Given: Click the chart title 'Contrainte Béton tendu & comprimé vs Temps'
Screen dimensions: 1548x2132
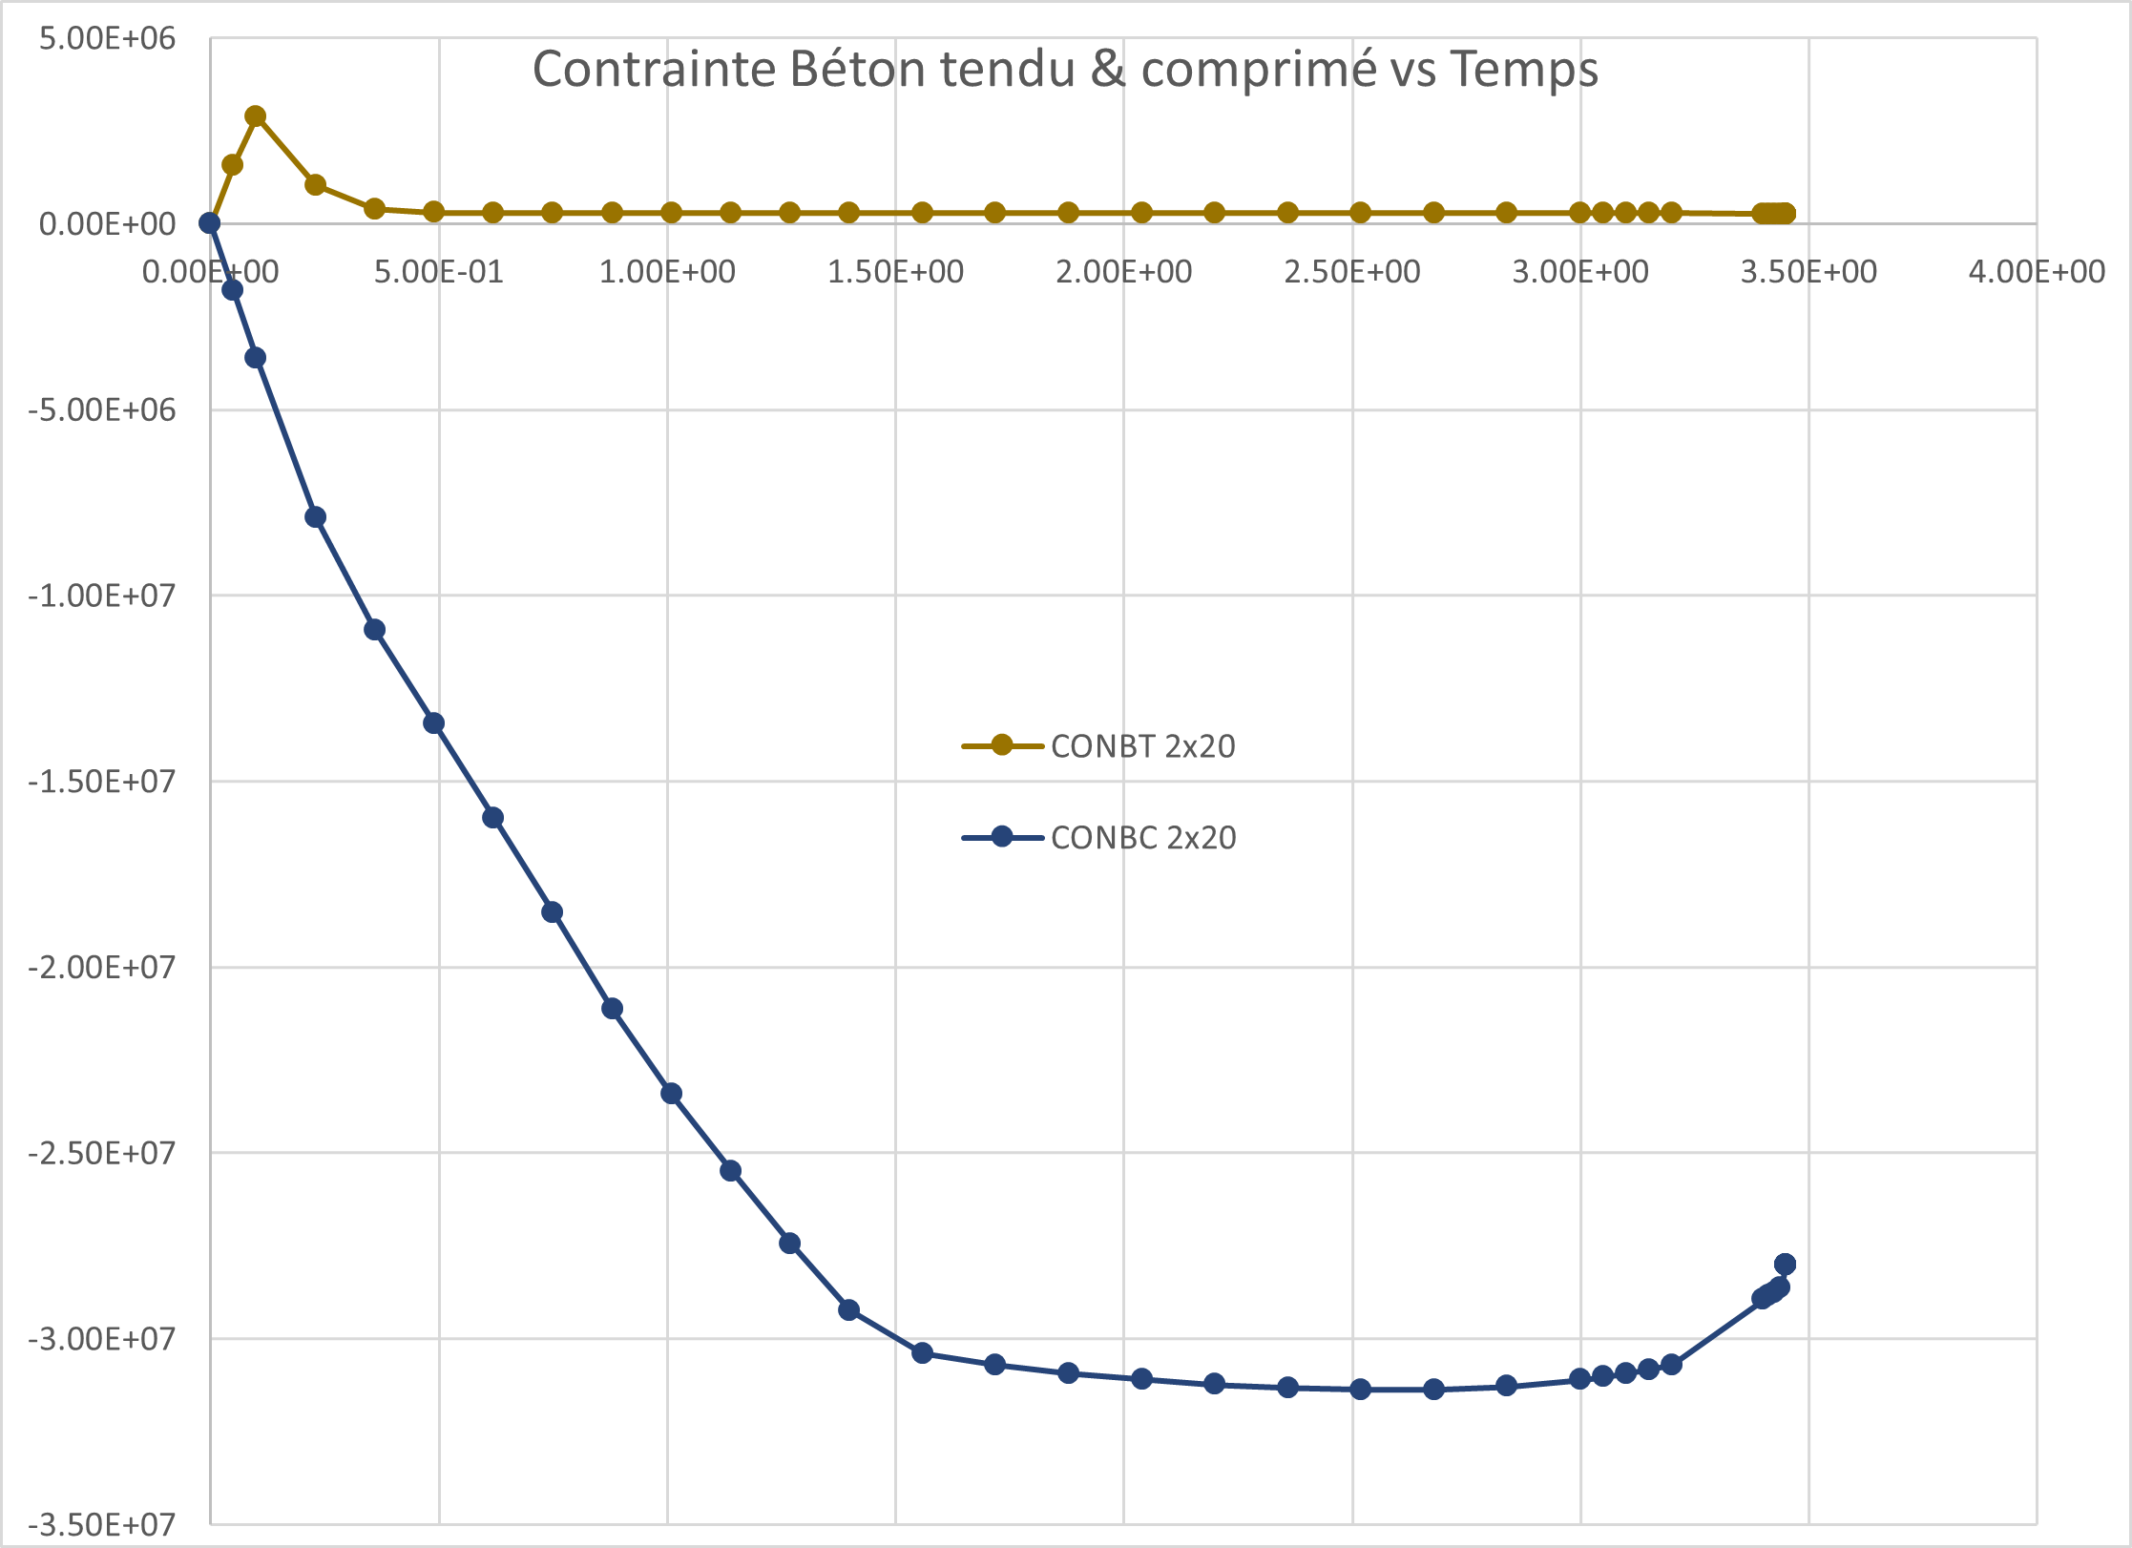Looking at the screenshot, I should click(1065, 70).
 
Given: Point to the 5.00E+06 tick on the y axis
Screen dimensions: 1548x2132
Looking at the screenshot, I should click(107, 38).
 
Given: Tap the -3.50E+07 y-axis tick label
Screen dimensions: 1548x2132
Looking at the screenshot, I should click(101, 1524).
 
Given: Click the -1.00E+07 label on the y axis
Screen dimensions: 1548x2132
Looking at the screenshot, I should click(101, 596).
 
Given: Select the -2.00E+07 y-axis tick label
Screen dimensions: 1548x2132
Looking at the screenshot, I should click(101, 968).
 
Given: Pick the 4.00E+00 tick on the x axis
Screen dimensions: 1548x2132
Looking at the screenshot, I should click(2037, 272).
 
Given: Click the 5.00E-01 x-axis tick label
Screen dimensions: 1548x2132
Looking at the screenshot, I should click(438, 272).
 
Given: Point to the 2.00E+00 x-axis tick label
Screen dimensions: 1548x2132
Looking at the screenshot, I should click(1123, 272).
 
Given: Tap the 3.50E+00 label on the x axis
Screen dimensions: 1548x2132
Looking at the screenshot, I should click(1808, 272).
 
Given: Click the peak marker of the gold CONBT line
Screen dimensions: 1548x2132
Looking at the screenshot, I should click(256, 116).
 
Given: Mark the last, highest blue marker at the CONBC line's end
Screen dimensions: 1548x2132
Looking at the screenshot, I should click(1786, 1265).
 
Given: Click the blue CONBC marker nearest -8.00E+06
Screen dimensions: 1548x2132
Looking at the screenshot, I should click(316, 517).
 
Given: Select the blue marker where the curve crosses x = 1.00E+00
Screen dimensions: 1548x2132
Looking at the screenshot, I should click(672, 1094).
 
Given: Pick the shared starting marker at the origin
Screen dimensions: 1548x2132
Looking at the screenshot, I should click(210, 223).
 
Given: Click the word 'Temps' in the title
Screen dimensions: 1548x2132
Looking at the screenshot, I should click(1524, 70).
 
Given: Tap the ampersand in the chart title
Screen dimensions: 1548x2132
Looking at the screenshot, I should click(1108, 70).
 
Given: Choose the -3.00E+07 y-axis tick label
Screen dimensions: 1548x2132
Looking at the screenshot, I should click(101, 1339).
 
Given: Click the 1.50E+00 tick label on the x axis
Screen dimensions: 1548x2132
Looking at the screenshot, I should click(895, 272).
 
